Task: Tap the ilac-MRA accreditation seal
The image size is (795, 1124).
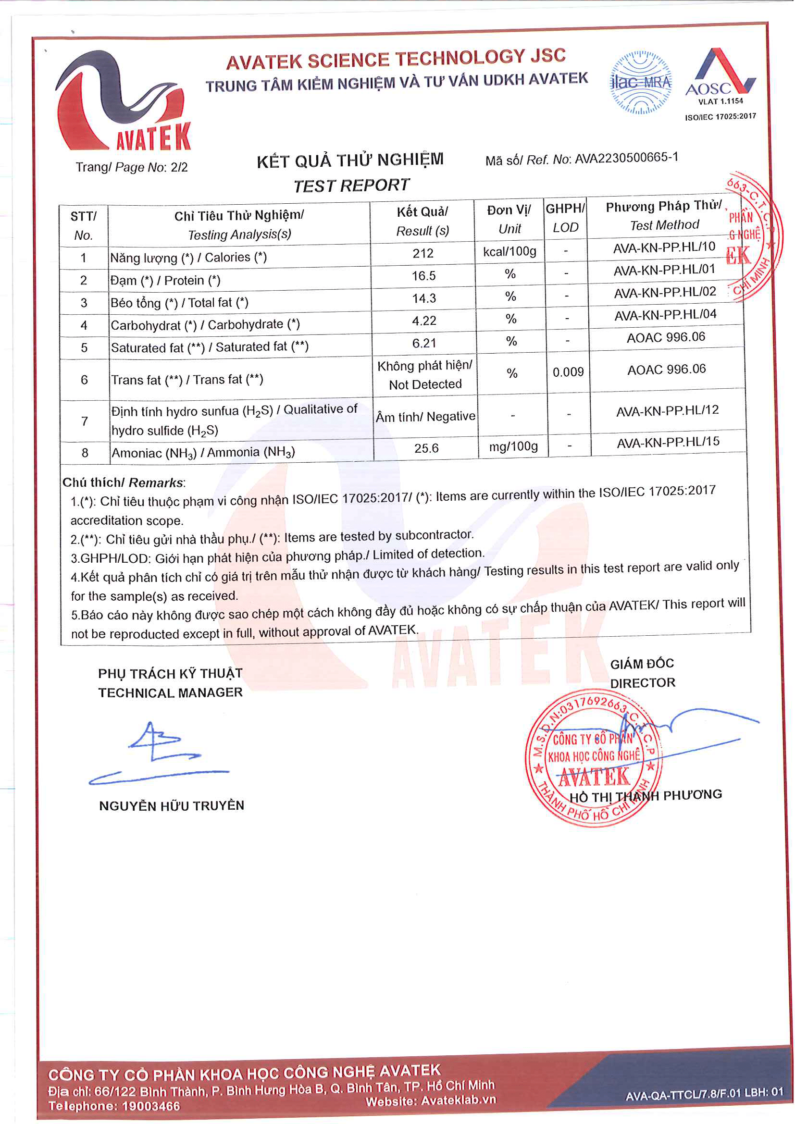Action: point(640,83)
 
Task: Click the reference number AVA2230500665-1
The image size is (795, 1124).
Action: point(626,158)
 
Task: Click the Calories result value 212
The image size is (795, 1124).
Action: point(422,253)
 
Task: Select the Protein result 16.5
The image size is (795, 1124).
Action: point(423,276)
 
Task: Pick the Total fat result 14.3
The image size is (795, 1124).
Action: point(424,298)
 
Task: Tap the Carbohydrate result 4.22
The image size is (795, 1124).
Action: point(424,321)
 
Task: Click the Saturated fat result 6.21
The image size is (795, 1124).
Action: point(424,343)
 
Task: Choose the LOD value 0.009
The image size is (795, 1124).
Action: point(568,372)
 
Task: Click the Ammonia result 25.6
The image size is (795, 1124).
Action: point(426,448)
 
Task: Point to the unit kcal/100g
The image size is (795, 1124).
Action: point(509,252)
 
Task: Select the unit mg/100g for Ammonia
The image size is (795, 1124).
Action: point(513,446)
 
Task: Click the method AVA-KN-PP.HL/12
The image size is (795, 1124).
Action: point(667,411)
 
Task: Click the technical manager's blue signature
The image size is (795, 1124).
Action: point(157,754)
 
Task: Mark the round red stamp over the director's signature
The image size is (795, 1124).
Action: point(594,761)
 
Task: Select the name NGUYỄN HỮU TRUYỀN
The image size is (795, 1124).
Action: point(171,806)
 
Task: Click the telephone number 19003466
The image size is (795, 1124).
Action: point(151,1106)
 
